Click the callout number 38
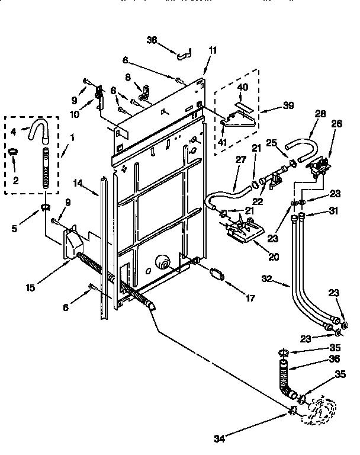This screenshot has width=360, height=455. pos(152,40)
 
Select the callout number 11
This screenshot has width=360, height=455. pos(213,50)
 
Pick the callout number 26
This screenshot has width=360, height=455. pos(336,124)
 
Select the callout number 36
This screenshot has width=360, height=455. pos(336,359)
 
